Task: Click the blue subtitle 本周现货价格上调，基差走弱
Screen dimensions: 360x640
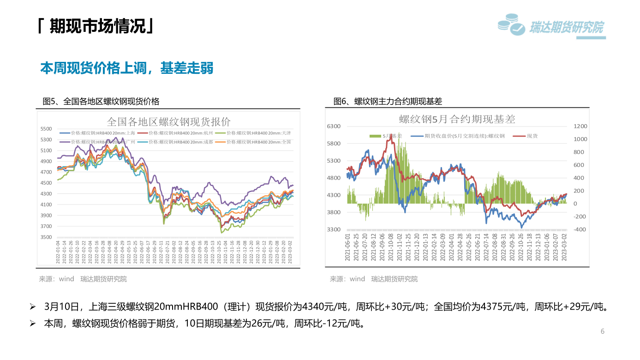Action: point(127,68)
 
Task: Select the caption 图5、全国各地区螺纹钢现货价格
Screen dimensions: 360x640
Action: point(101,102)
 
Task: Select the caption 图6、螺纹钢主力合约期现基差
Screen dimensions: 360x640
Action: point(388,102)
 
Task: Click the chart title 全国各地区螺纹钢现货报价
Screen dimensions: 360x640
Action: point(168,122)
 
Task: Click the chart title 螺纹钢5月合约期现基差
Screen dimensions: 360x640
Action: point(457,119)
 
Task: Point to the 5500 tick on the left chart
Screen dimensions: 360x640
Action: point(46,129)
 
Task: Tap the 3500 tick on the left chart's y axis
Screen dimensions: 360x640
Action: point(46,237)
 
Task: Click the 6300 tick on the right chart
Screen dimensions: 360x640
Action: point(334,126)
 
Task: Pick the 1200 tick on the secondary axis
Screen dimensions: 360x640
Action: point(580,126)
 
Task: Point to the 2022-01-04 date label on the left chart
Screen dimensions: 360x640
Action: point(58,252)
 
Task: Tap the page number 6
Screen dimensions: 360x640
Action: point(602,331)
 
